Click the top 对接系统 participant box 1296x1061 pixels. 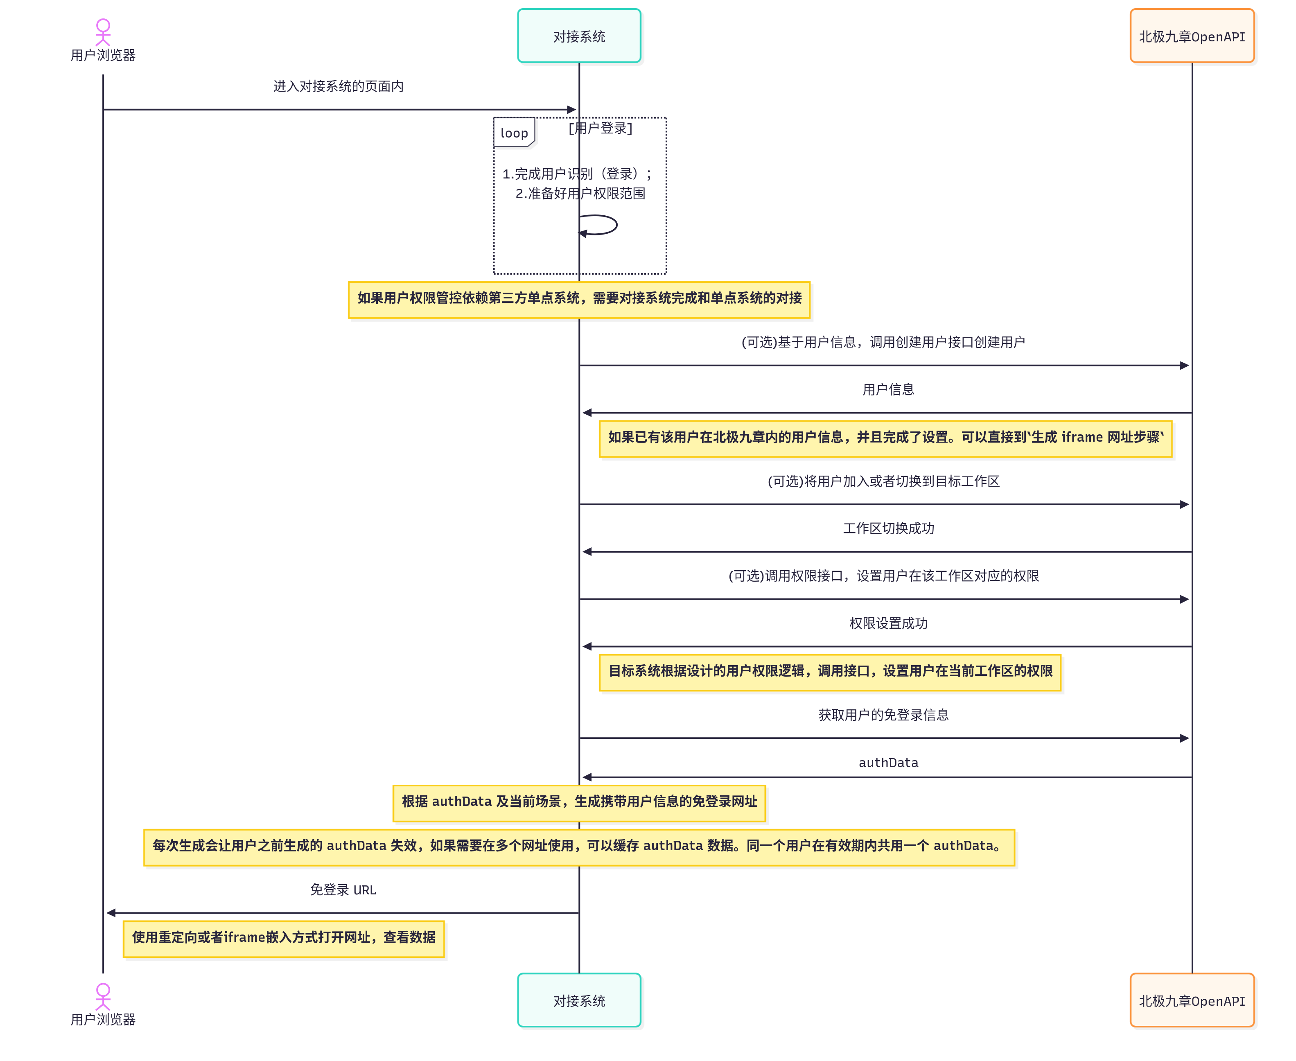[x=579, y=36]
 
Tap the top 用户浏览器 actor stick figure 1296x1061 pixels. [x=103, y=32]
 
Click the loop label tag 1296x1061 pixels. [x=514, y=133]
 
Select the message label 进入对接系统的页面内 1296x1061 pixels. [x=338, y=86]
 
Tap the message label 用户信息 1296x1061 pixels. [x=888, y=389]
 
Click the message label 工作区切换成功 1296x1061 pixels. [x=888, y=528]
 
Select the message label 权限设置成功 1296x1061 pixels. [x=888, y=623]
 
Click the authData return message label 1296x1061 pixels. [x=888, y=762]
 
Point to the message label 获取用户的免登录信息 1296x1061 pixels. [x=883, y=714]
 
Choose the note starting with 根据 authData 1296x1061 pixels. [x=579, y=802]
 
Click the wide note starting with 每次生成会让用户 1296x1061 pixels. [x=579, y=847]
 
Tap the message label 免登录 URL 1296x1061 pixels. [x=343, y=889]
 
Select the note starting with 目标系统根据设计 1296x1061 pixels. [x=830, y=672]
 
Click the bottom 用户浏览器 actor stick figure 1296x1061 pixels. [x=103, y=996]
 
